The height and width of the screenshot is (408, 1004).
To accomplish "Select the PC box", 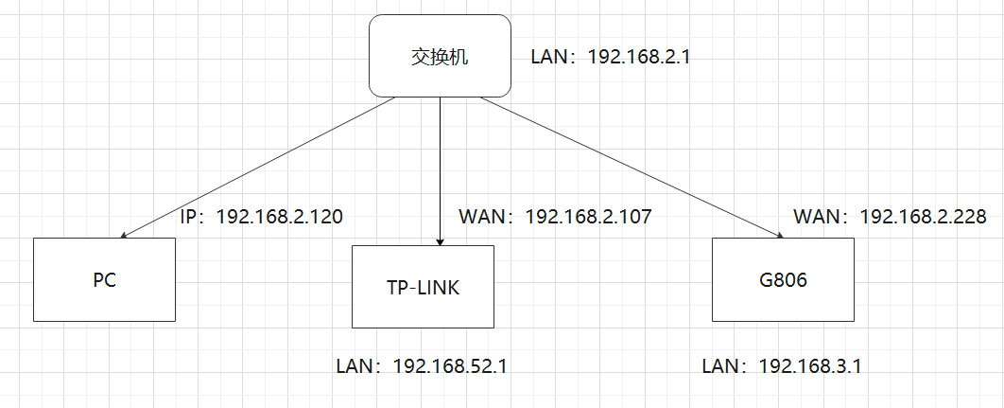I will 105,279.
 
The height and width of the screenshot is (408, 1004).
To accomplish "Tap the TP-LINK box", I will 422,287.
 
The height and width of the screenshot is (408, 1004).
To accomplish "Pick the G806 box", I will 783,279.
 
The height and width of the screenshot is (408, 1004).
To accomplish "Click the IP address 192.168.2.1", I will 640,57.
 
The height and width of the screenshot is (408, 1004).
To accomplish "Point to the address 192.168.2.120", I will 279,217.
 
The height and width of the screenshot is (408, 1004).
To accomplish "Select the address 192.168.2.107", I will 588,217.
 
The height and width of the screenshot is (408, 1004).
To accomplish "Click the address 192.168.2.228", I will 923,217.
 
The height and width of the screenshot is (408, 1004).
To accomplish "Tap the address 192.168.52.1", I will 449,365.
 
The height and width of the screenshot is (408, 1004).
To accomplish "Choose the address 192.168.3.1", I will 809,365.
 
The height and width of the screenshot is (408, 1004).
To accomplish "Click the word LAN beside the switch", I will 550,57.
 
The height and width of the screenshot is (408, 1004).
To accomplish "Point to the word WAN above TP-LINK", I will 481,217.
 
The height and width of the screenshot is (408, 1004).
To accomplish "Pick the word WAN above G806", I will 816,217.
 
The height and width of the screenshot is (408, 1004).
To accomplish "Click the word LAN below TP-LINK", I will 355,365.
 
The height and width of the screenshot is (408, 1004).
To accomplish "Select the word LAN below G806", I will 722,365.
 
